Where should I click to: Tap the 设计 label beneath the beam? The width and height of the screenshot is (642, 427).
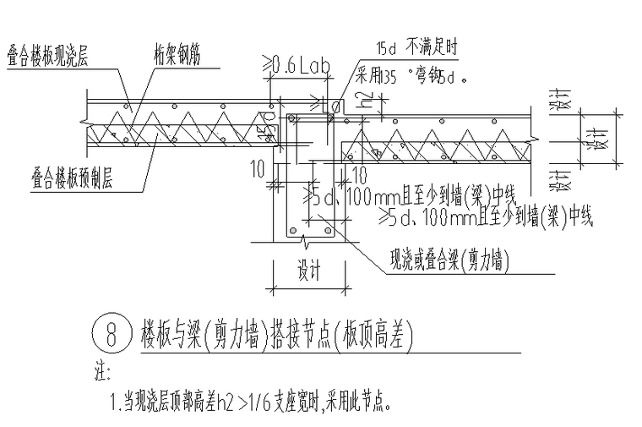308,271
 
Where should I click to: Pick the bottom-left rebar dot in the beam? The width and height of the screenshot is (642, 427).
289,229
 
